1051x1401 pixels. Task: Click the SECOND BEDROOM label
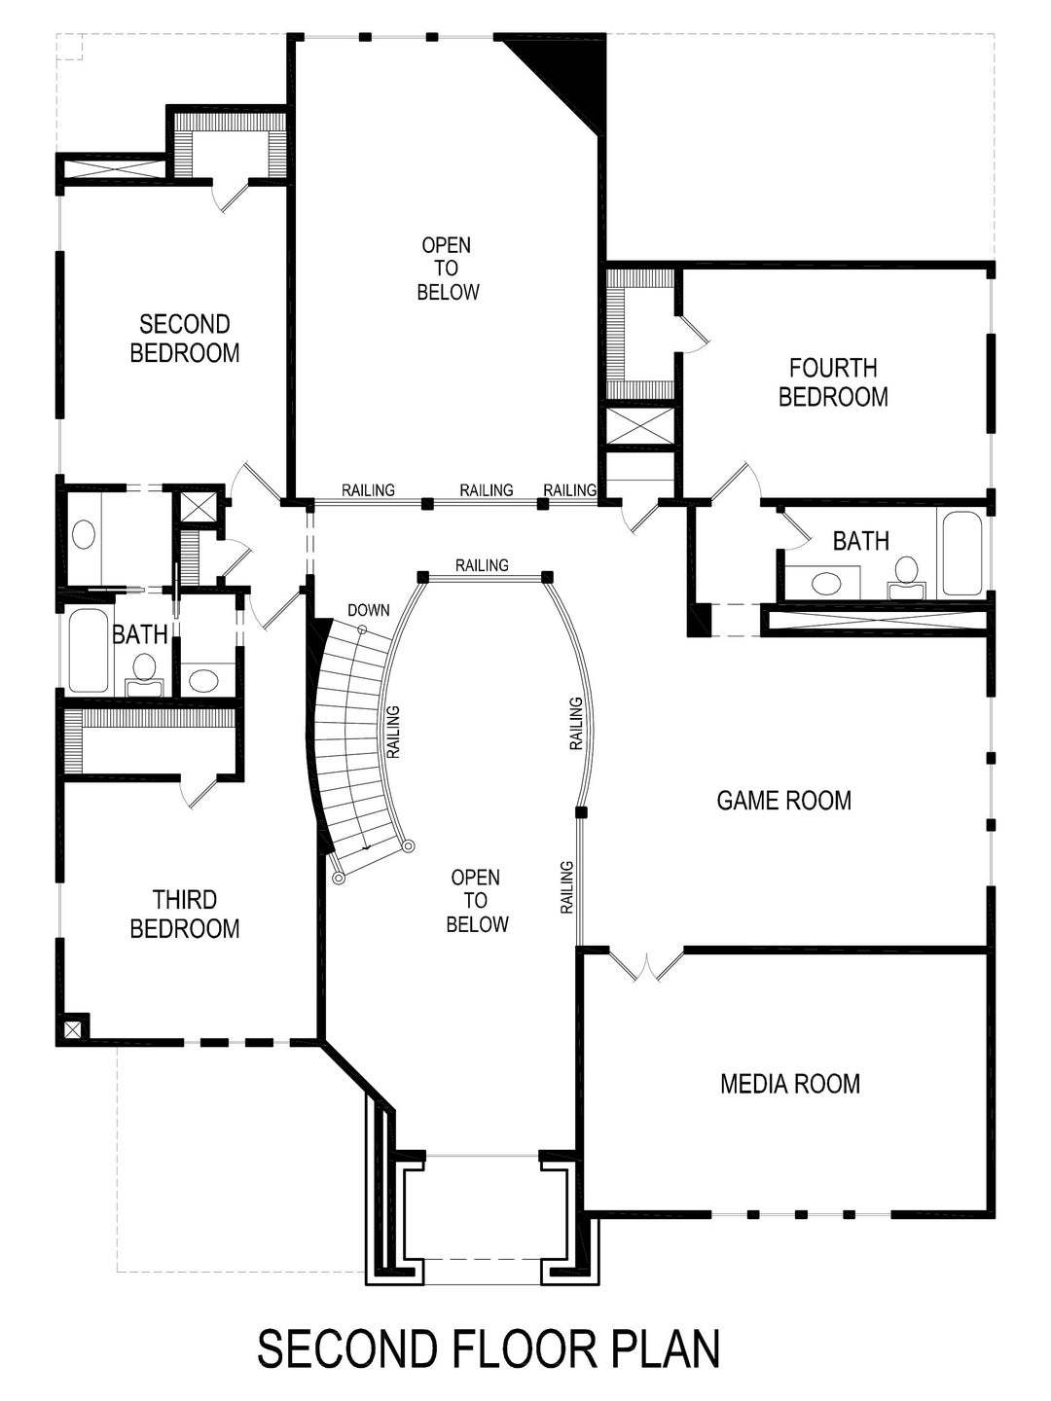coord(185,338)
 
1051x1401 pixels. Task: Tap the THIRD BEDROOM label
coord(185,914)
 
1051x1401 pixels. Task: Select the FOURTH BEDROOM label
coord(833,382)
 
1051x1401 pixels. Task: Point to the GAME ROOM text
coord(783,801)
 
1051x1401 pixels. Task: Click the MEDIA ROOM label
coord(790,1083)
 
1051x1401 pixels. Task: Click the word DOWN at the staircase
coord(368,611)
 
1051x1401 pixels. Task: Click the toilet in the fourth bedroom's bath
coord(907,573)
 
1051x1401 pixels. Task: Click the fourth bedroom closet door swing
coord(695,335)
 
